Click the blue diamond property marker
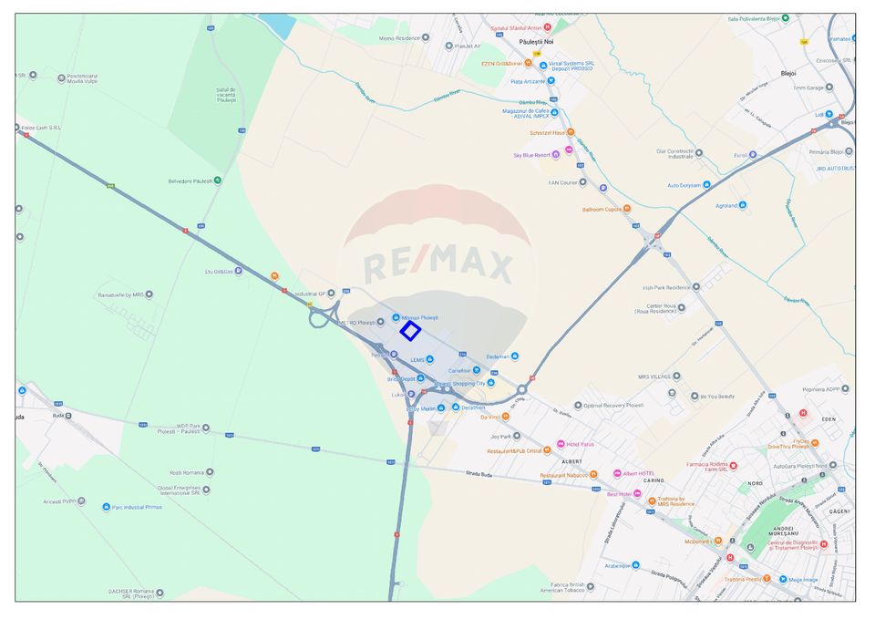[x=410, y=331]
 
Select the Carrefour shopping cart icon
[x=476, y=371]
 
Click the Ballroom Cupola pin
[x=602, y=209]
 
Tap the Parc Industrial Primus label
[x=137, y=507]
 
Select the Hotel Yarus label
[x=580, y=445]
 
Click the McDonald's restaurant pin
[x=717, y=541]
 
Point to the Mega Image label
[x=803, y=579]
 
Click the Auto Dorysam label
[x=684, y=185]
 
